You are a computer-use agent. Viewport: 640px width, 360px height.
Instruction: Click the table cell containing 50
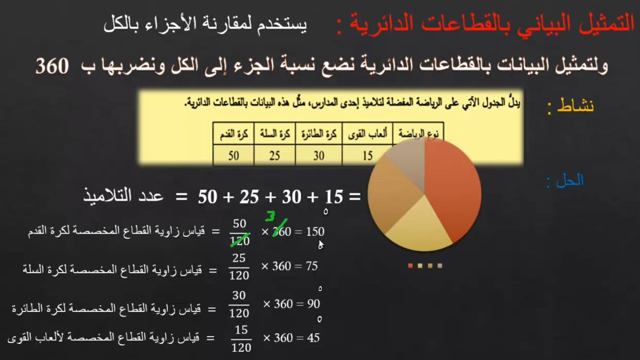pos(233,155)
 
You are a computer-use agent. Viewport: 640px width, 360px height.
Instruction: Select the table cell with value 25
pos(274,155)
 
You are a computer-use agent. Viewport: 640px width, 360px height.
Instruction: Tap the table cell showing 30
pos(318,155)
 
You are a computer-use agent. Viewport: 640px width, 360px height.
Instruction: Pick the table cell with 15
pos(367,155)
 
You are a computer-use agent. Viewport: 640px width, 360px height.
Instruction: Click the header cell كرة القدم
pos(233,134)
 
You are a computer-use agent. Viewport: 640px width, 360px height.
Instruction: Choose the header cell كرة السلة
pos(274,134)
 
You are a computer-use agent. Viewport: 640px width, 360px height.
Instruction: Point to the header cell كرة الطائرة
pos(318,134)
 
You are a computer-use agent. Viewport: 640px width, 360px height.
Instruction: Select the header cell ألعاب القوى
pos(367,134)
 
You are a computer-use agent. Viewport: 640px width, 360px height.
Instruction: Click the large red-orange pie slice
pos(450,185)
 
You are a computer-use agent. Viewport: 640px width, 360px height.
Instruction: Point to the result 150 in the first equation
pos(315,232)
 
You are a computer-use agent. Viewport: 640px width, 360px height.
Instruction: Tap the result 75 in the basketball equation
pos(311,266)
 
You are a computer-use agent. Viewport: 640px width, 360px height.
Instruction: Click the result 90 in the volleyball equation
pos(313,304)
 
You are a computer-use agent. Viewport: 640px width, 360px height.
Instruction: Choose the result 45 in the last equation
pos(313,338)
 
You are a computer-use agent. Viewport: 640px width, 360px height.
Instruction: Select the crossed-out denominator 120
pos(239,241)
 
